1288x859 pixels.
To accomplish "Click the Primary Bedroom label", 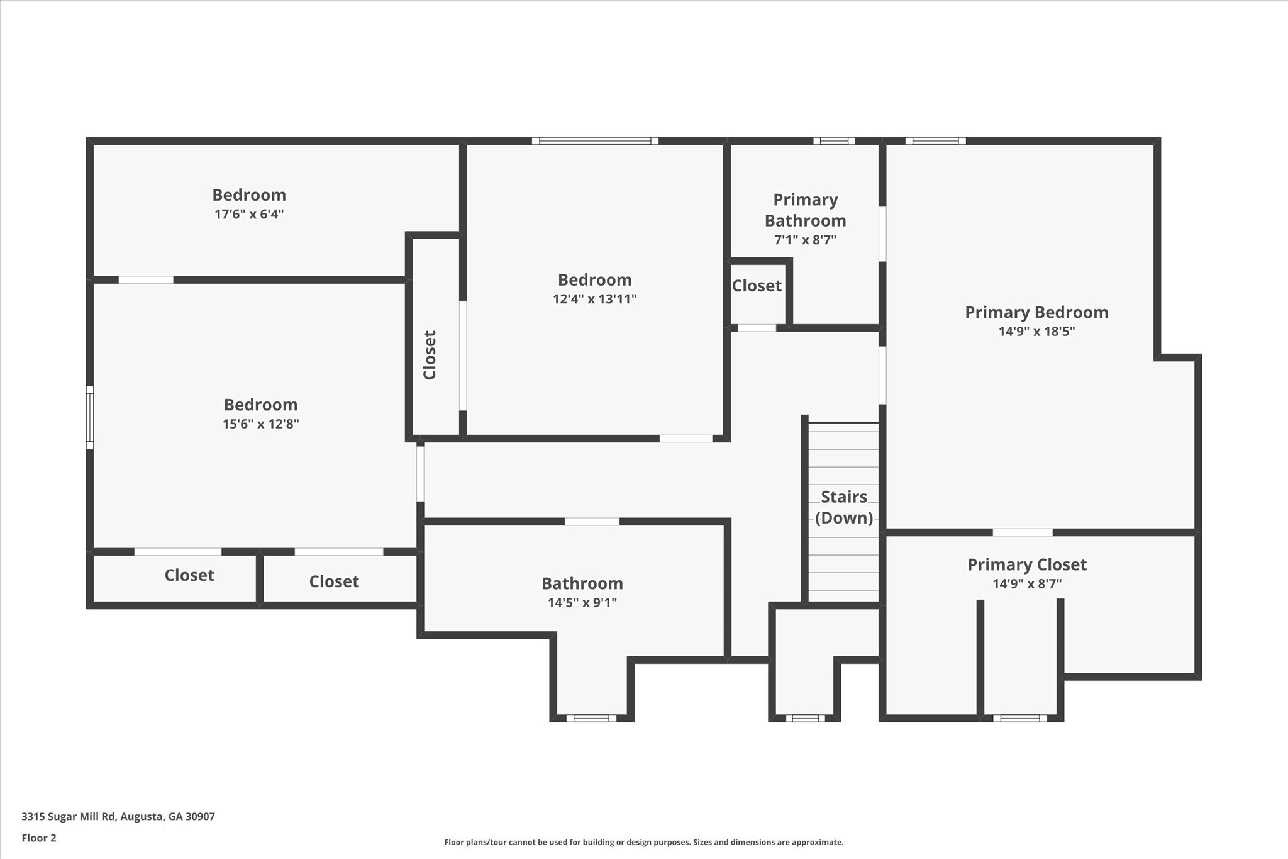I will click(x=1036, y=312).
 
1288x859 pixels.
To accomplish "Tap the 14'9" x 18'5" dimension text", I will click(x=1036, y=332).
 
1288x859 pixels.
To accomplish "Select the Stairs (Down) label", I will click(x=844, y=507).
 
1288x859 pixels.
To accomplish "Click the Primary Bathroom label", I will click(x=805, y=210).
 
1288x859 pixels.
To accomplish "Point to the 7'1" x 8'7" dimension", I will click(x=805, y=240).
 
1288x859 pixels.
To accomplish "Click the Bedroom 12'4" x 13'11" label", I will click(x=594, y=279).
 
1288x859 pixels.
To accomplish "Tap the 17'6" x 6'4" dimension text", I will click(x=249, y=214).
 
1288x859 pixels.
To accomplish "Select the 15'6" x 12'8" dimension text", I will click(x=260, y=424).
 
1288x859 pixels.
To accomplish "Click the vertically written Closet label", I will click(x=430, y=355).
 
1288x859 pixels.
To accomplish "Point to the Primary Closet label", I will click(x=1026, y=564).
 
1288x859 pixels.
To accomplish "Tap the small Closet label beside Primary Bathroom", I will click(x=757, y=286).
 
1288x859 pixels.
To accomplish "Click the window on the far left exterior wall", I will click(x=90, y=417).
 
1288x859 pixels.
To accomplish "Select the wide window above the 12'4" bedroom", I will click(x=594, y=141).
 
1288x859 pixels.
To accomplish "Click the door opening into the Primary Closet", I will click(x=1023, y=532).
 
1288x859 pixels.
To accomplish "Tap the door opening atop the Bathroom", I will click(x=592, y=521).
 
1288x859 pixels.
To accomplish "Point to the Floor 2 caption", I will click(x=39, y=838).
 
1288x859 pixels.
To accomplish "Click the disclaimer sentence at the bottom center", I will click(x=643, y=842).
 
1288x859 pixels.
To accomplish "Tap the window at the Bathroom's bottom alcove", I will click(x=591, y=718).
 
